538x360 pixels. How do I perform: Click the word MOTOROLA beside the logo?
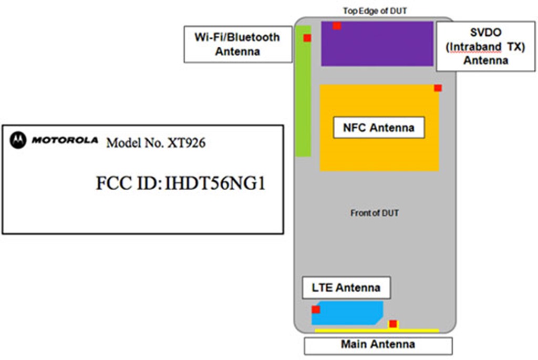click(65, 140)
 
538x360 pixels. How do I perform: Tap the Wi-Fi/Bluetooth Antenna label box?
click(237, 44)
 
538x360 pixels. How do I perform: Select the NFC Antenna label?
click(378, 128)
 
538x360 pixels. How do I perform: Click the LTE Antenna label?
click(346, 287)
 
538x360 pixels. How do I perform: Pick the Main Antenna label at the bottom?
click(378, 345)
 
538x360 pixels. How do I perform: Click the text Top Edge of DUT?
click(375, 11)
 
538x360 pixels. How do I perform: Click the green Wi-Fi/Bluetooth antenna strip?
click(303, 100)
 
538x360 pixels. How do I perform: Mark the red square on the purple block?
click(337, 26)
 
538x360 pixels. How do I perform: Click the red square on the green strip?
click(307, 38)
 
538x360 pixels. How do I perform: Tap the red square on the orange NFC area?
click(438, 88)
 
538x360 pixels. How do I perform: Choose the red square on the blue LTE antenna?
click(316, 310)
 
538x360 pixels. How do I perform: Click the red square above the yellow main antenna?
click(392, 323)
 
